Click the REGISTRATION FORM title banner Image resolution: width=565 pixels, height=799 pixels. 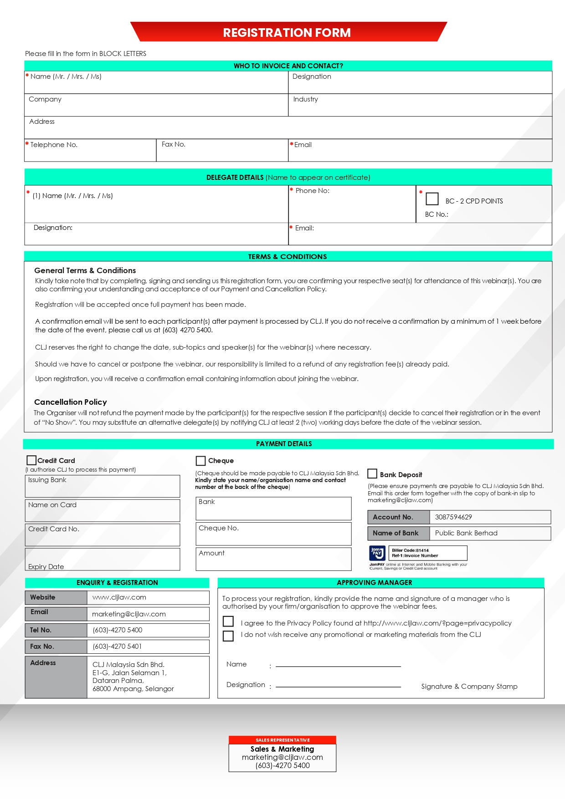[x=287, y=32]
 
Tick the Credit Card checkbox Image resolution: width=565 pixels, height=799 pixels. [x=31, y=460]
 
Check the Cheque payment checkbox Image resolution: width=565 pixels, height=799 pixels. [x=200, y=461]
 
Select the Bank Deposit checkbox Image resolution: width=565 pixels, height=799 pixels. [x=372, y=474]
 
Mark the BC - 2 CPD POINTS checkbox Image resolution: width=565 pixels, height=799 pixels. [x=432, y=199]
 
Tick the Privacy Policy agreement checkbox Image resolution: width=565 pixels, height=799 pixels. [x=228, y=621]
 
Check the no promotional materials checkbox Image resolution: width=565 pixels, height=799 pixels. [x=228, y=636]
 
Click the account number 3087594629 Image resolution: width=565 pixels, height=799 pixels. [x=453, y=517]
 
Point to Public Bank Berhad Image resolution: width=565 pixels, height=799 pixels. [x=466, y=533]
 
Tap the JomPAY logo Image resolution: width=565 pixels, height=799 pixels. [x=377, y=553]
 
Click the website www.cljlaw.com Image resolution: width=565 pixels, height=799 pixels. [x=119, y=597]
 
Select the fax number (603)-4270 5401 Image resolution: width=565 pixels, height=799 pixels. [x=117, y=646]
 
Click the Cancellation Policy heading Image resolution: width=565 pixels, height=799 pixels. [x=71, y=402]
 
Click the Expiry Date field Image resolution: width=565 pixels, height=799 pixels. [x=103, y=560]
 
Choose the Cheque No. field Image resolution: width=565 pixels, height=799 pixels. [x=273, y=534]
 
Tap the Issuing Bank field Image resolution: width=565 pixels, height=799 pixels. [x=103, y=487]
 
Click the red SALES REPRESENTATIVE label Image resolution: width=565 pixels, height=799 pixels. [x=282, y=740]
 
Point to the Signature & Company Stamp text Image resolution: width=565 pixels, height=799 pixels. [x=469, y=687]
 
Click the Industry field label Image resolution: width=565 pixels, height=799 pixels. [x=306, y=99]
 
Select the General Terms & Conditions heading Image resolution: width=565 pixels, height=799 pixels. [x=85, y=270]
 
